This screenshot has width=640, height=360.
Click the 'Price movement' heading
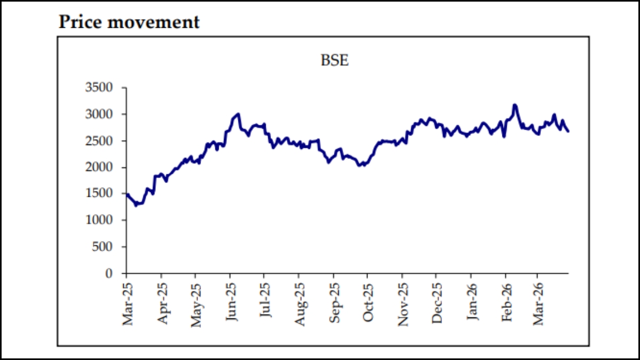129,22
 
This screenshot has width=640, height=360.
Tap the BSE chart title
334,60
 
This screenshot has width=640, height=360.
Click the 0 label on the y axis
110,274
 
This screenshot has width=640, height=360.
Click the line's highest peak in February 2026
515,105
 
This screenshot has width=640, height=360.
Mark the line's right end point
568,131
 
